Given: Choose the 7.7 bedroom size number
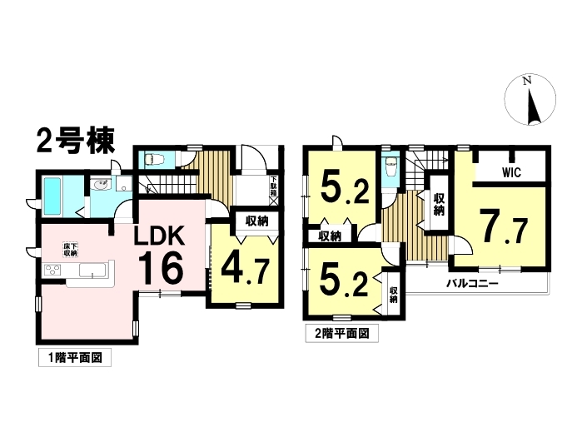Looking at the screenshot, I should pos(504,226).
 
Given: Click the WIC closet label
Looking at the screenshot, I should pos(511,172).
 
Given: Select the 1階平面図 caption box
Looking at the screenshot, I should pos(74,360).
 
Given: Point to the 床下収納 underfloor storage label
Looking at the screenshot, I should pos(70,249).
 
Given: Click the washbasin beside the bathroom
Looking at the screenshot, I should pos(102,187).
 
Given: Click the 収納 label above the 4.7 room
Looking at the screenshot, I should pos(255,221).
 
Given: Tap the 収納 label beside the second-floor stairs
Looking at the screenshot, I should pos(438,205).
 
